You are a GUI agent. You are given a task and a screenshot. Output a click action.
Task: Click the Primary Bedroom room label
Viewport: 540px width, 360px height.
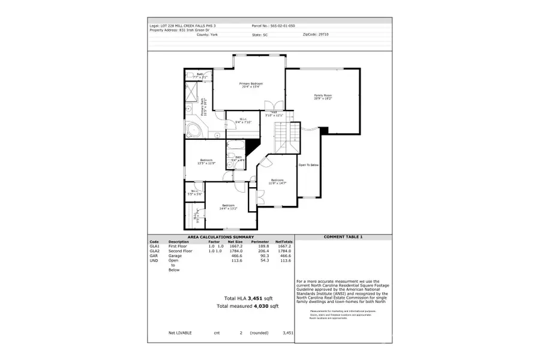[x=251, y=85]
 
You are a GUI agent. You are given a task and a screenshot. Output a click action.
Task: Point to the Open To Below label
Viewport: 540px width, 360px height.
[x=308, y=164]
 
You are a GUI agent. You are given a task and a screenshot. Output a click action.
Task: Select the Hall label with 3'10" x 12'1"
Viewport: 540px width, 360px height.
[x=273, y=113]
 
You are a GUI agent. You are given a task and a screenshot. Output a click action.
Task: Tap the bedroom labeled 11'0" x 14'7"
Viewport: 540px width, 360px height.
[x=277, y=182]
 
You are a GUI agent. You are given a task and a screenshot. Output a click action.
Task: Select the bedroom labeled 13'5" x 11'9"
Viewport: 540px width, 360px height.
[x=206, y=161]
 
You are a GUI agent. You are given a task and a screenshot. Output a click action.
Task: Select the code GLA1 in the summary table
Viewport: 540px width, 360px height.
[x=154, y=246]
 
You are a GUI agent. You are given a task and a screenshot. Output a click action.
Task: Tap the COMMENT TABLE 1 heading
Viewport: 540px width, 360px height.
[x=343, y=237]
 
